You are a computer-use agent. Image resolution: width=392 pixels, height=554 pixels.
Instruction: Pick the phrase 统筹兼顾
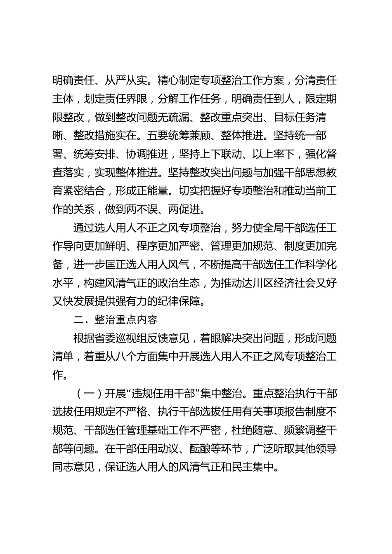coord(231,136)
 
